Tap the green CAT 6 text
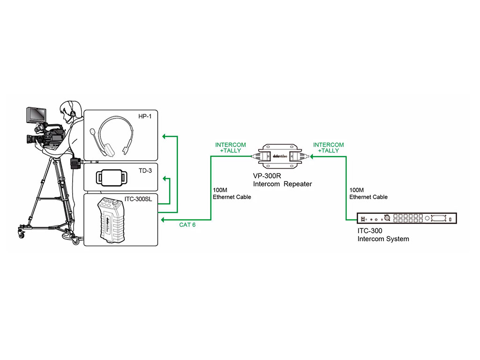tap(187, 225)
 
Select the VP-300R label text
tap(268, 177)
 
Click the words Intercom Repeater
tap(282, 184)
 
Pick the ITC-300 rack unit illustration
tap(406, 219)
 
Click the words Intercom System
tap(383, 239)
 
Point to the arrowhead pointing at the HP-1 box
tap(164, 136)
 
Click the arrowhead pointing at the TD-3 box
tap(164, 179)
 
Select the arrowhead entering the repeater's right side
tap(310, 157)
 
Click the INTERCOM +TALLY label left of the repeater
tap(230, 148)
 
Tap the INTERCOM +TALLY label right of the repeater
tap(328, 148)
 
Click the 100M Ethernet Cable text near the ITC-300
tap(368, 194)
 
